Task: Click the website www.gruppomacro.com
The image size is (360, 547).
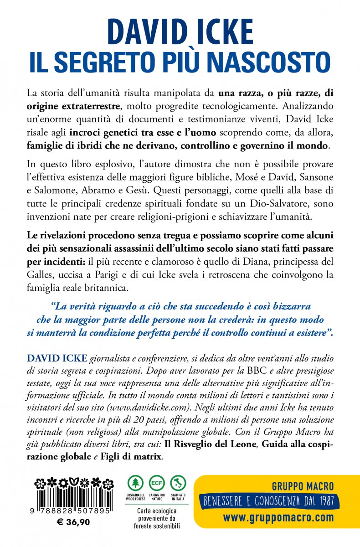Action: click(x=278, y=518)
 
